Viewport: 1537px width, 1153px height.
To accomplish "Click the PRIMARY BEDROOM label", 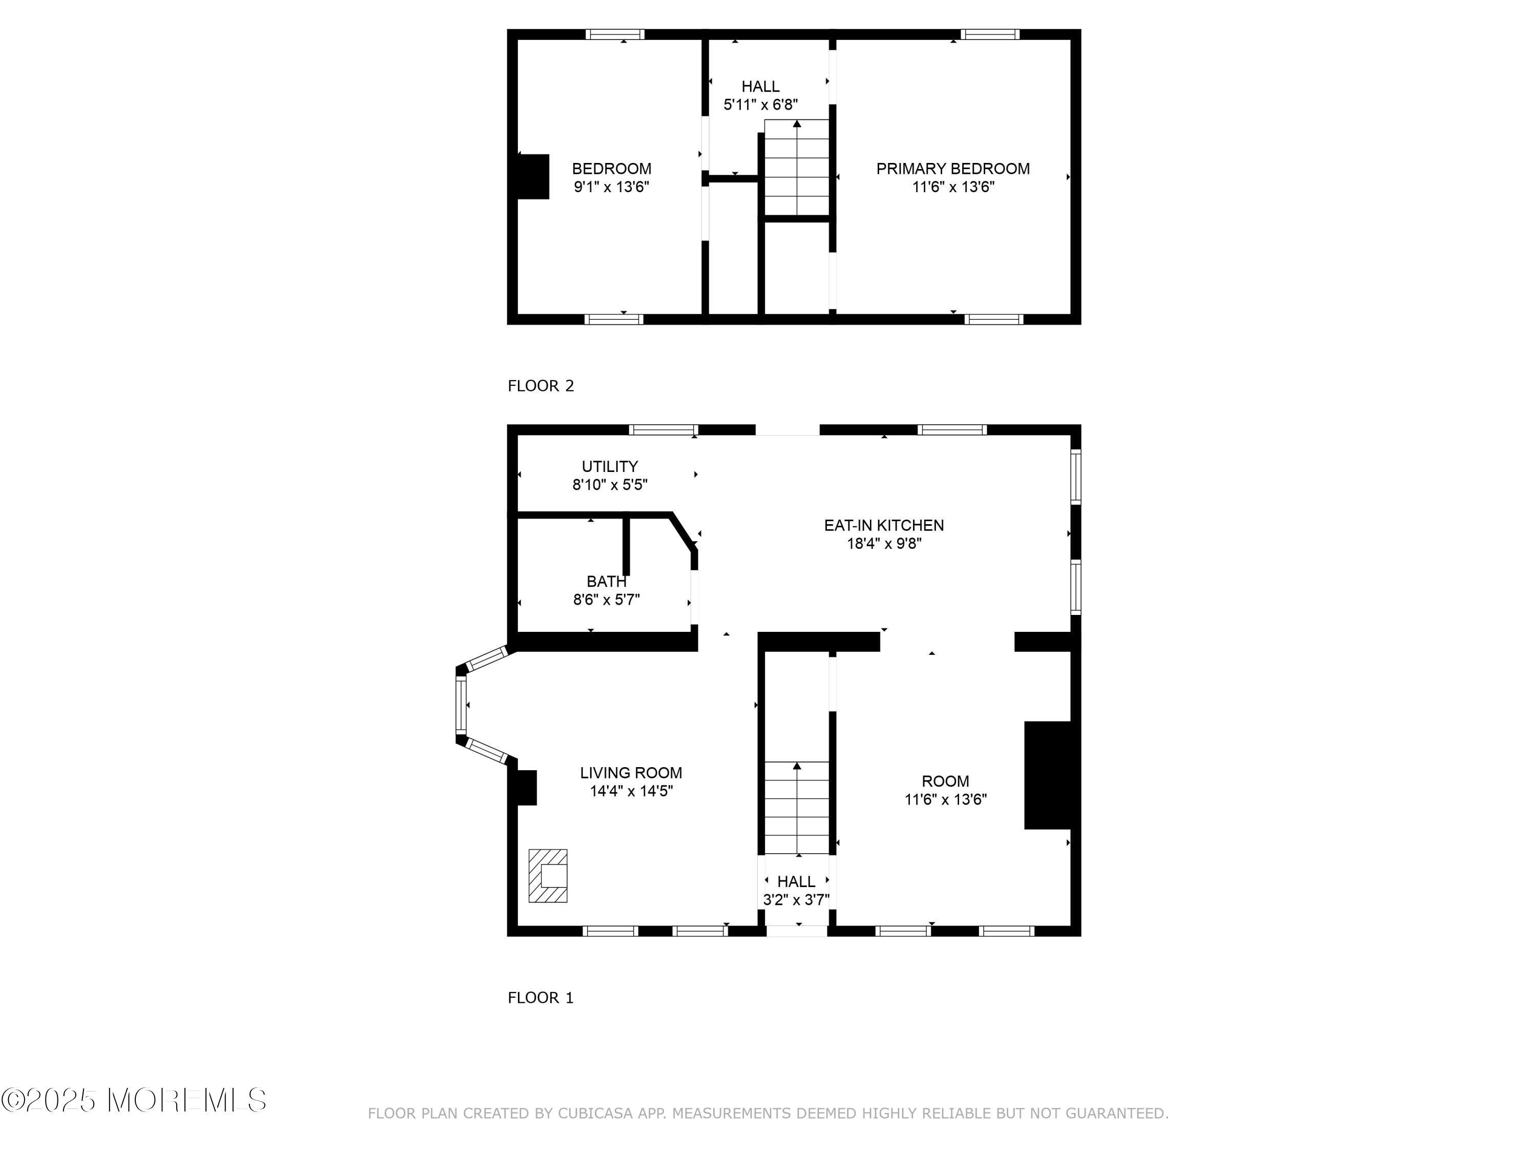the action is pyautogui.click(x=952, y=169).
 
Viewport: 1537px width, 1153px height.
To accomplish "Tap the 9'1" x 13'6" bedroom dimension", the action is pyautogui.click(x=611, y=187).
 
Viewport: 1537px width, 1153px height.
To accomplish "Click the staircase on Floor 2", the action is pyautogui.click(x=797, y=168).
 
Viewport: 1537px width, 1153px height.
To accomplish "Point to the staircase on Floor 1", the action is pyautogui.click(x=797, y=808).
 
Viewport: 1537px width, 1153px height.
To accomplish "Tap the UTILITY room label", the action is pyautogui.click(x=609, y=466).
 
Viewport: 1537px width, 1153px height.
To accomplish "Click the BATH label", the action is pyautogui.click(x=607, y=581).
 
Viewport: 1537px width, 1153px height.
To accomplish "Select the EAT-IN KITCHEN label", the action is pyautogui.click(x=884, y=525).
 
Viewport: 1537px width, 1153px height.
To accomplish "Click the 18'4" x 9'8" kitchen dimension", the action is pyautogui.click(x=884, y=544).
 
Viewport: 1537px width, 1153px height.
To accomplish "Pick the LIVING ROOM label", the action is pyautogui.click(x=631, y=773).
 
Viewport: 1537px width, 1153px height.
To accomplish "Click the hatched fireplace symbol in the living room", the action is pyautogui.click(x=548, y=876).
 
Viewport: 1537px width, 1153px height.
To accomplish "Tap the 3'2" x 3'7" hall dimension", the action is pyautogui.click(x=796, y=900).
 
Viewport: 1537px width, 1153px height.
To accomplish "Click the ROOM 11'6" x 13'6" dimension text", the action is pyautogui.click(x=946, y=799).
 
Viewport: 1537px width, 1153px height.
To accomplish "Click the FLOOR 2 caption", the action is pyautogui.click(x=541, y=386).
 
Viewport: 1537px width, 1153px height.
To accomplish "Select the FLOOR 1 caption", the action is pyautogui.click(x=541, y=998).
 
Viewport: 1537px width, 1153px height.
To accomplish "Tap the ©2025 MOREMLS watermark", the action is pyautogui.click(x=133, y=1100).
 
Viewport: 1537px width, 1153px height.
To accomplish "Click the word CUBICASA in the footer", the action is pyautogui.click(x=595, y=1114).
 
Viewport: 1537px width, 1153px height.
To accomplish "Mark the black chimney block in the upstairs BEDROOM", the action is pyautogui.click(x=533, y=176).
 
